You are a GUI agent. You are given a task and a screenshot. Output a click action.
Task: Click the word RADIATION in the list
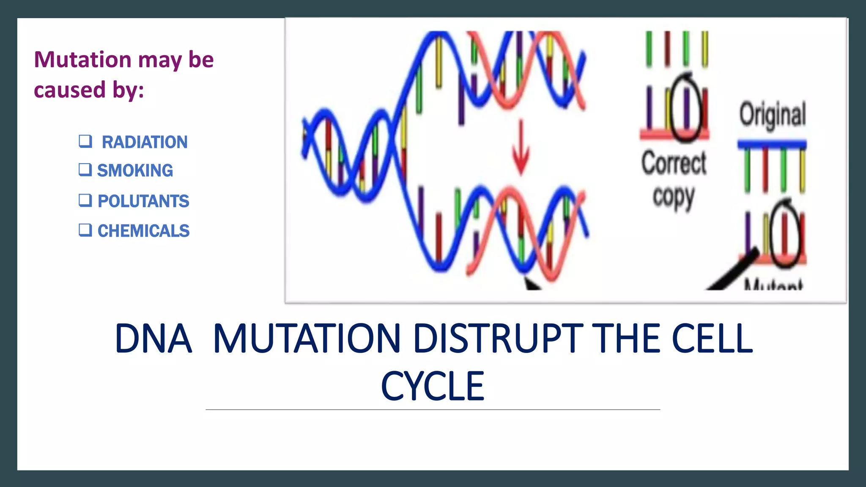point(145,142)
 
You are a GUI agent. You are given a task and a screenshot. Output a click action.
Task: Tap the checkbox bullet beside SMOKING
point(85,170)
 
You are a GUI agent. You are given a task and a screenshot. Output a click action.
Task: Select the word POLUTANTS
point(143,201)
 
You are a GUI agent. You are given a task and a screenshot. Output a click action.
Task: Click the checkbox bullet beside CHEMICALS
point(85,230)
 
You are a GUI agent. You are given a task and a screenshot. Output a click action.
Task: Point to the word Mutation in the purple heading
point(83,59)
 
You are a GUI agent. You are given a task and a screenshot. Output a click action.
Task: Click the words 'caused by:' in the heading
point(89,90)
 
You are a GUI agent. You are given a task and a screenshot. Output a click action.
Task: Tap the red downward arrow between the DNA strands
point(521,148)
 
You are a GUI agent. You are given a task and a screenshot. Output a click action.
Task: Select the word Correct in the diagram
point(674,163)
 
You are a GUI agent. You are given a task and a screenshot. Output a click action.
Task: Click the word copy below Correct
point(673,197)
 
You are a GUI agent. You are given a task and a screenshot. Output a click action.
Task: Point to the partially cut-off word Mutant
point(773,285)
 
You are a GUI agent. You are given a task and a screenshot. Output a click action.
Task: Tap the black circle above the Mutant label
point(785,235)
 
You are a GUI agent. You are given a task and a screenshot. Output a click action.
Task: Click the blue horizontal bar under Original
point(772,144)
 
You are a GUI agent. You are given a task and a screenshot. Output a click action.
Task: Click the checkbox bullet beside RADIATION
point(85,141)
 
